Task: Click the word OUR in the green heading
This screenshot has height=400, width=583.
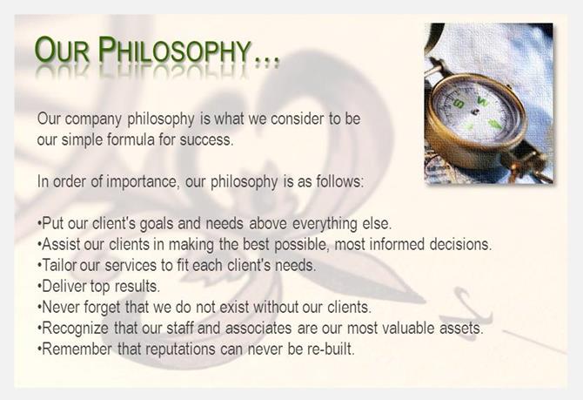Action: (62, 50)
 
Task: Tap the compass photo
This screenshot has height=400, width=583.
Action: (488, 104)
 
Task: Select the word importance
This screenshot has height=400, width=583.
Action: (138, 182)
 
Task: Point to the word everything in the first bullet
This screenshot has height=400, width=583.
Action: (325, 224)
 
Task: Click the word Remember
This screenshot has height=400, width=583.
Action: (77, 349)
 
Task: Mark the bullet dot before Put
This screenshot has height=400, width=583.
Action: (39, 224)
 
